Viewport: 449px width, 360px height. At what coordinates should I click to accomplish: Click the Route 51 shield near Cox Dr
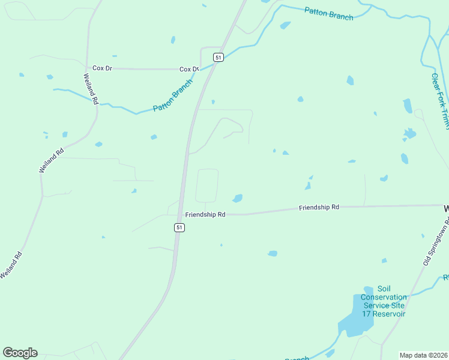[x=218, y=57]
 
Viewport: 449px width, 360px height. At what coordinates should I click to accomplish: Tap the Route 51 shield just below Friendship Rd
[x=179, y=227]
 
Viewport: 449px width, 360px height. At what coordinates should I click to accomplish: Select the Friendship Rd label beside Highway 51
[x=205, y=214]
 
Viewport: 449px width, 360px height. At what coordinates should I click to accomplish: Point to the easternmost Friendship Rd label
[x=319, y=207]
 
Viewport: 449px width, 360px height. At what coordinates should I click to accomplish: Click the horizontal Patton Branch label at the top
[x=328, y=13]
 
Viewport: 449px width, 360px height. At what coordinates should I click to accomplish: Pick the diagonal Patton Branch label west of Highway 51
[x=172, y=97]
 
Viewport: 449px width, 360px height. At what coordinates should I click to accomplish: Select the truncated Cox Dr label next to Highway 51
[x=188, y=70]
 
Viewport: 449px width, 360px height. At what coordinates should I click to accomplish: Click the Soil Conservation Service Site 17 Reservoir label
[x=384, y=301]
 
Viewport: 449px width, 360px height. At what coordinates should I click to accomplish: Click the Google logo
[x=20, y=353]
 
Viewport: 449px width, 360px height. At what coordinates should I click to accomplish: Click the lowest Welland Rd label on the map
[x=11, y=265]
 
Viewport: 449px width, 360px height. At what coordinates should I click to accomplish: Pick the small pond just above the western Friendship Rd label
[x=238, y=198]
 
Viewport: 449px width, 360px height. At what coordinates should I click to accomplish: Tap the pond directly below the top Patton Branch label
[x=285, y=26]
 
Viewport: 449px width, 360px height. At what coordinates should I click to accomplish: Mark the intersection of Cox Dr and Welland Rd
[x=88, y=68]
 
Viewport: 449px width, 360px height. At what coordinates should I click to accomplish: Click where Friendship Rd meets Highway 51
[x=179, y=214]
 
